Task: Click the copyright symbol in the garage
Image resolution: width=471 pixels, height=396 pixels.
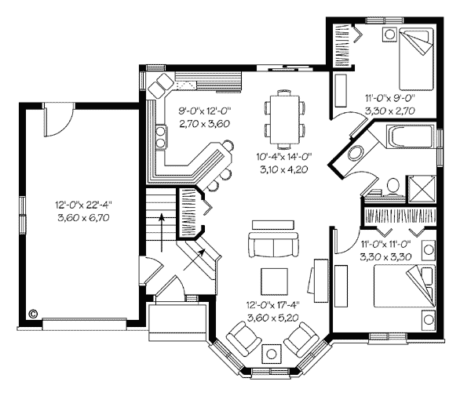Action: pos(33,314)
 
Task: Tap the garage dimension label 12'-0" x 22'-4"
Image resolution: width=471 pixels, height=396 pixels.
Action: pos(83,205)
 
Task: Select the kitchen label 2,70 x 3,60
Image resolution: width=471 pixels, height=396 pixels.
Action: pos(205,124)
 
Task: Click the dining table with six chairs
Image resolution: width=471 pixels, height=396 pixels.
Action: pos(285,119)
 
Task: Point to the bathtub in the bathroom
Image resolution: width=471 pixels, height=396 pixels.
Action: pos(411,136)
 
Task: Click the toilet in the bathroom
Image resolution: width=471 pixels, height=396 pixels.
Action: pos(392,187)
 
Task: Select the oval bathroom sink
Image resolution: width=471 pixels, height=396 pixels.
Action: pos(356,153)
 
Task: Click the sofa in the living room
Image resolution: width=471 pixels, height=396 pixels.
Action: pos(273,244)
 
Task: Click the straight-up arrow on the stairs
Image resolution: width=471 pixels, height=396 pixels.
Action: pos(162,232)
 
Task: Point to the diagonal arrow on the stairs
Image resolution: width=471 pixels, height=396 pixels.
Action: pos(195,260)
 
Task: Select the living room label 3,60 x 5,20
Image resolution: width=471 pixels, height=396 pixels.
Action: pos(273,318)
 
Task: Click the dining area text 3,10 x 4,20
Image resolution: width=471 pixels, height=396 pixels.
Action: pos(284,169)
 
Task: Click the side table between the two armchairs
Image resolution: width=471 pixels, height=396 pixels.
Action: pos(272,354)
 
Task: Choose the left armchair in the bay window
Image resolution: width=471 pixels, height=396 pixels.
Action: pos(244,337)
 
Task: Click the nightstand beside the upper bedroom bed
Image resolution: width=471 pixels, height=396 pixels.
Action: pos(390,35)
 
